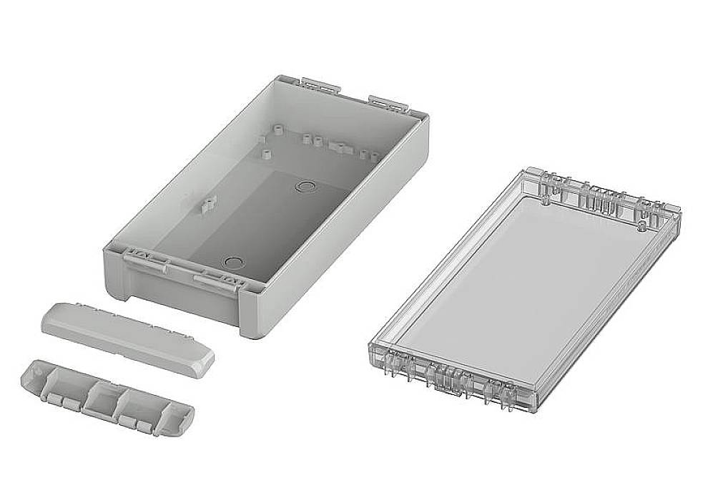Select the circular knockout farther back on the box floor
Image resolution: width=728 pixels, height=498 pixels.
pos(305,187)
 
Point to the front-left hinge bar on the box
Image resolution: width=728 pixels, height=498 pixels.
pos(146,260)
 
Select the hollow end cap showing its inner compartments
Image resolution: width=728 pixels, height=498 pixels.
pos(107,398)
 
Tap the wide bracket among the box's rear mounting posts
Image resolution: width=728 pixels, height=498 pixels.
pos(340,147)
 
